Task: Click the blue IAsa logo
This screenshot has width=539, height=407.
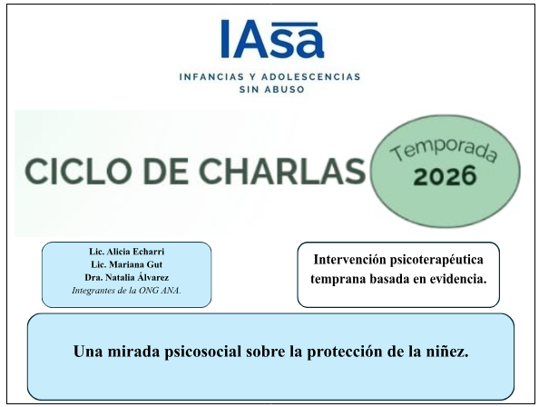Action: [272, 39]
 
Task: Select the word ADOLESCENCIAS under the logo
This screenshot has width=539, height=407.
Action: [311, 76]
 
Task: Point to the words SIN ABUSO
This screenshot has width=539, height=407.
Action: [272, 89]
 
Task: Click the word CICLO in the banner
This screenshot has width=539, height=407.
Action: [64, 172]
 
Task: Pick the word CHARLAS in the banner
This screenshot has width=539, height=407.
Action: [282, 171]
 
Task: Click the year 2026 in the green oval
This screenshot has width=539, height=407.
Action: [445, 176]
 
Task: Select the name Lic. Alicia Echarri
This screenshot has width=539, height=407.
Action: [127, 252]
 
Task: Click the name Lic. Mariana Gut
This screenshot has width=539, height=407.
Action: [126, 264]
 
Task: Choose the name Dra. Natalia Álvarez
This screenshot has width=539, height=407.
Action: [127, 277]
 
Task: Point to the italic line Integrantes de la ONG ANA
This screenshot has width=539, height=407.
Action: [126, 291]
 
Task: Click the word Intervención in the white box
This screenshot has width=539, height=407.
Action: [350, 260]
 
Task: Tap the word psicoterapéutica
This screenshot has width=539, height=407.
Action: [436, 261]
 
